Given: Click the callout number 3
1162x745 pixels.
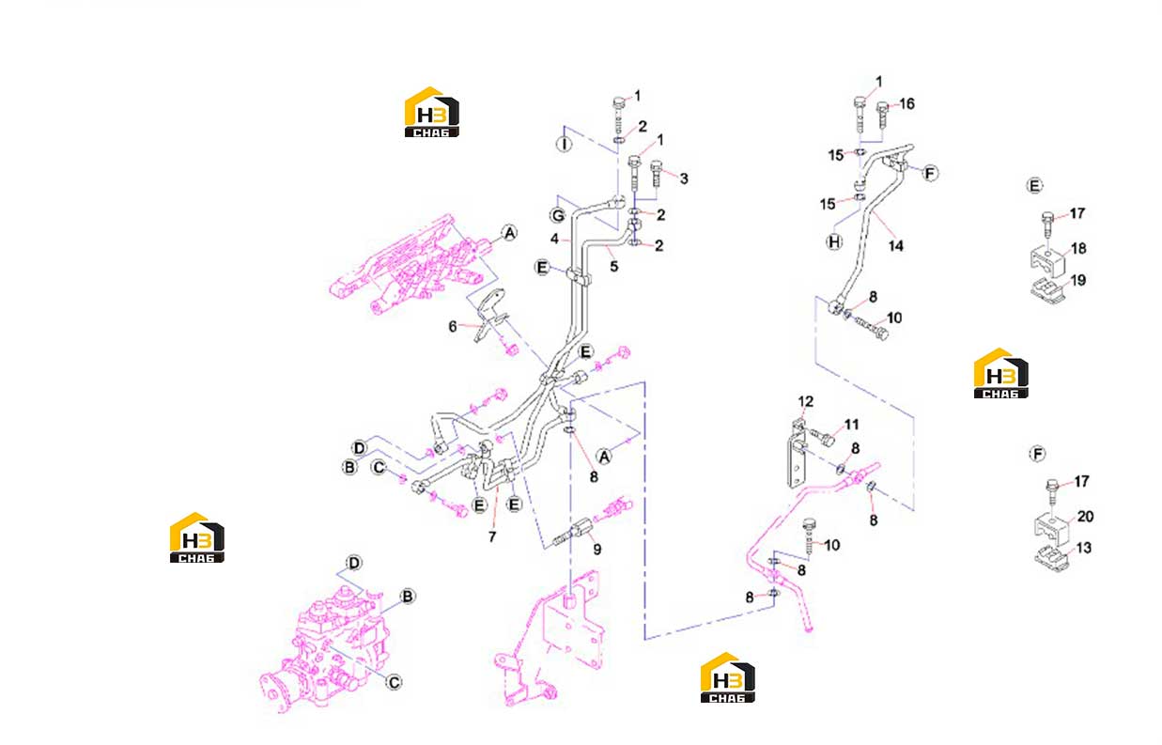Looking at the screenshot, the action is pos(684,179).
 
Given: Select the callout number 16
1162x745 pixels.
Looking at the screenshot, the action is pos(906,104).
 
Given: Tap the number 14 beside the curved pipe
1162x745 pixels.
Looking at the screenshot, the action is pos(896,246).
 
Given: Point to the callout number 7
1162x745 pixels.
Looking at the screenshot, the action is pos(492,537).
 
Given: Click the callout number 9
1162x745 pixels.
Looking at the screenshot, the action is pos(597,550).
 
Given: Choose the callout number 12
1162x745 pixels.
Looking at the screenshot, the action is pos(806,401).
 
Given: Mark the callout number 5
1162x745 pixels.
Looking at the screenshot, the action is pos(614,267).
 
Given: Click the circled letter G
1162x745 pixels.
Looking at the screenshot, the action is pos(558,215).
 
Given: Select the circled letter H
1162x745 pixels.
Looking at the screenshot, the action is pos(834,241).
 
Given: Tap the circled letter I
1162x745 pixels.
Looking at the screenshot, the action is pos(565,143).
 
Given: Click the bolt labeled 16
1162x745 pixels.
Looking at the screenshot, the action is pos(883,116).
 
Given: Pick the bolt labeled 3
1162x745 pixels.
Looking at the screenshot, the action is pos(657,174).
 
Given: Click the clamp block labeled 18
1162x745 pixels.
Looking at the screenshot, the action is pos(1046,261).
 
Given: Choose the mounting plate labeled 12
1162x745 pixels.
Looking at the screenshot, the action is pos(797,455).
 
